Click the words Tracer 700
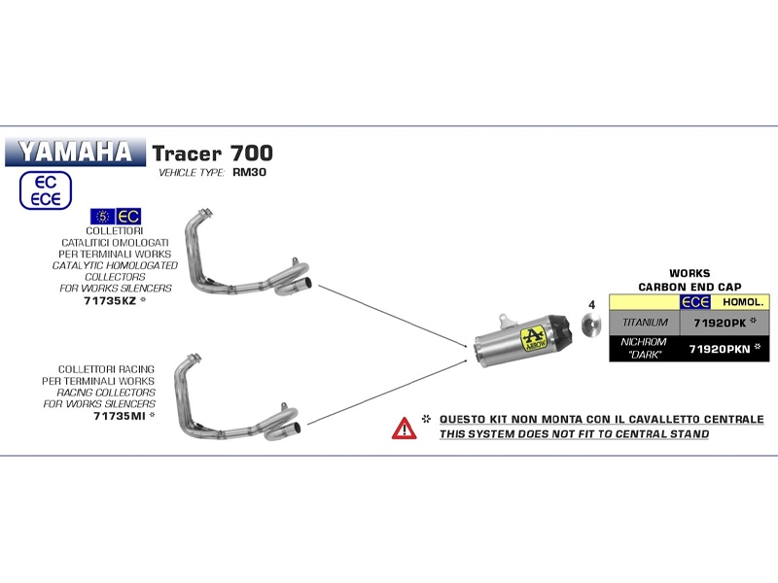click(x=212, y=154)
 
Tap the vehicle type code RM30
click(x=250, y=173)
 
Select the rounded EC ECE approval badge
click(x=46, y=190)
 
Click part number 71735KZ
click(x=109, y=301)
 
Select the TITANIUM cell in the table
click(x=645, y=321)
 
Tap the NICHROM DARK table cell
click(x=645, y=348)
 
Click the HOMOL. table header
click(x=743, y=302)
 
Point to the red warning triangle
click(x=404, y=427)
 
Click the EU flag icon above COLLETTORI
click(x=100, y=216)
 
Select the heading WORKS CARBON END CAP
click(x=689, y=280)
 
